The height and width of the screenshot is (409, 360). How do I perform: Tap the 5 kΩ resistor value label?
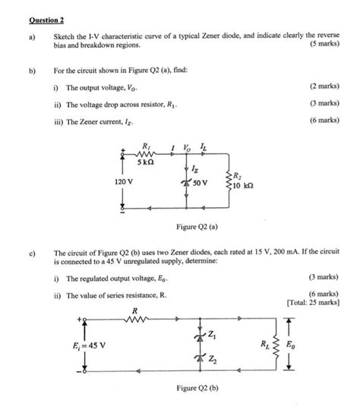point(147,163)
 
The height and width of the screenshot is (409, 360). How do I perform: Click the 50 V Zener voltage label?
point(202,183)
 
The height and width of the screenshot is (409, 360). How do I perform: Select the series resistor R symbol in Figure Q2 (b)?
point(134,319)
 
